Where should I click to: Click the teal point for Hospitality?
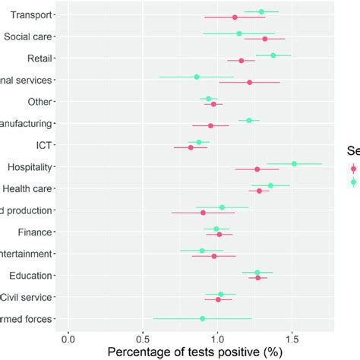tap(294, 163)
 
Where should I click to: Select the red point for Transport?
tap(234, 17)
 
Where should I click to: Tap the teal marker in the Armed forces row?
tap(202, 319)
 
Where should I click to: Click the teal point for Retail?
tap(273, 55)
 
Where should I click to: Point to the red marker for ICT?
tap(191, 147)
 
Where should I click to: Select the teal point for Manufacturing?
tap(248, 120)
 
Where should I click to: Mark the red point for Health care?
tap(259, 191)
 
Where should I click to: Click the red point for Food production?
tap(203, 213)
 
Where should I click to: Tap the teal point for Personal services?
tap(197, 77)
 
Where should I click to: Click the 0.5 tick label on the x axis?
tap(143, 336)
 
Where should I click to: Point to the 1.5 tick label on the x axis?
tap(292, 336)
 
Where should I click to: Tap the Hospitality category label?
tap(29, 166)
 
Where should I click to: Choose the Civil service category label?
tap(27, 297)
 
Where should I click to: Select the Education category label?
tap(30, 275)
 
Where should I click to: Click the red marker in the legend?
tap(353, 169)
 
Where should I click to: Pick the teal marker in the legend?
tap(353, 182)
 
